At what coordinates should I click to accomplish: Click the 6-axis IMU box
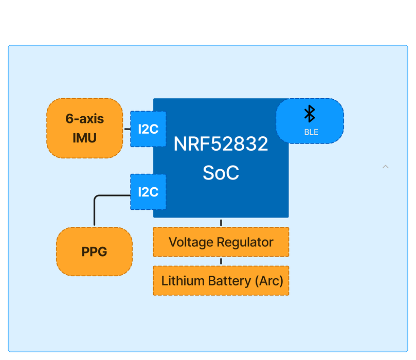85,128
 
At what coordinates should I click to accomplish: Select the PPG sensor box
95,251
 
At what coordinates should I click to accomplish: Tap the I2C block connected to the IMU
148,129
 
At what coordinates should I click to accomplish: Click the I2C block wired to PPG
148,192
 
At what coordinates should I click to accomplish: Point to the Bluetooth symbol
310,114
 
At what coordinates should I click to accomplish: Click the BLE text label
311,132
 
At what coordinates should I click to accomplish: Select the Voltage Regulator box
221,242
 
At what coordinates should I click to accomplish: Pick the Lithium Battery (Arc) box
221,281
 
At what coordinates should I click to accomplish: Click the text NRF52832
221,144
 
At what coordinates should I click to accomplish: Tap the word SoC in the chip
221,173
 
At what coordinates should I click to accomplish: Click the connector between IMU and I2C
127,129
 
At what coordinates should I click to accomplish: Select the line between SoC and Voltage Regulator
221,223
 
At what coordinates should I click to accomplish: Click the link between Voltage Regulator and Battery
221,261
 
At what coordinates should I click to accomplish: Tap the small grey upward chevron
386,167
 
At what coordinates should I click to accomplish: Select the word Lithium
179,281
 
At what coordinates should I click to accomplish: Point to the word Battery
229,281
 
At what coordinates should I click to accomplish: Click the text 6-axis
85,119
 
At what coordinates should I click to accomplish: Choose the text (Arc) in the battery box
269,281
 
